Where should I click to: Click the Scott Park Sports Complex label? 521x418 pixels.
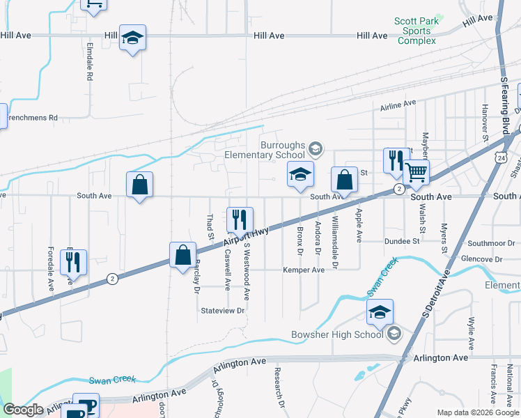tap(417, 31)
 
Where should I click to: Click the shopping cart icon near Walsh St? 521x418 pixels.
tap(416, 172)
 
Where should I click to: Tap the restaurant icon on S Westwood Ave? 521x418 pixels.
tap(240, 219)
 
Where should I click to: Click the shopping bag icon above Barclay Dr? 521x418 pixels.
tap(182, 255)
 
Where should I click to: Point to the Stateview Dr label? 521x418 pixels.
tap(223, 311)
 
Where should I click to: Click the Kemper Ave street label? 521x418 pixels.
tap(304, 270)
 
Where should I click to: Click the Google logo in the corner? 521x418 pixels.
tap(22, 410)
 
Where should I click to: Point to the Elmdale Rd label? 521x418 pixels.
tap(89, 61)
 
